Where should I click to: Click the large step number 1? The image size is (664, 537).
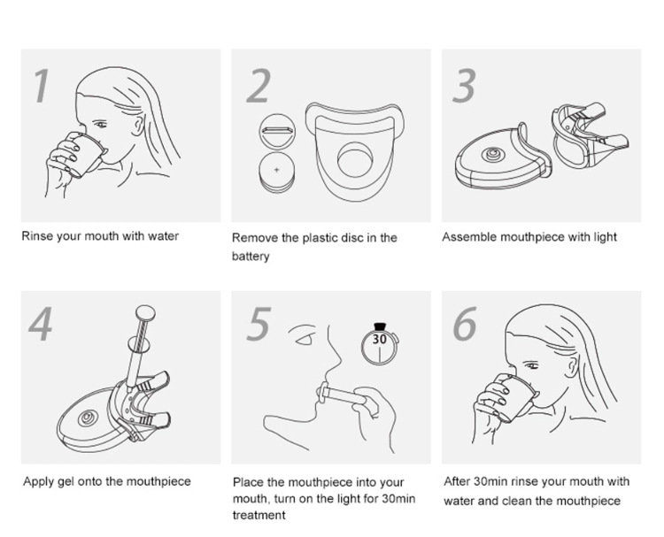pyautogui.click(x=42, y=87)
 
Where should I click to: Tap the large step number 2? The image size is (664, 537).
pyautogui.click(x=259, y=87)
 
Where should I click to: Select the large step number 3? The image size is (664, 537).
pyautogui.click(x=464, y=87)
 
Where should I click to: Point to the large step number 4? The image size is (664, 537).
pyautogui.click(x=41, y=324)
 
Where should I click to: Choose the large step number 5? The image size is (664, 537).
pyautogui.click(x=259, y=324)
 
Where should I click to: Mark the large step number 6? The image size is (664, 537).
pyautogui.click(x=465, y=324)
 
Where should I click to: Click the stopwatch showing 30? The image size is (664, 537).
pyautogui.click(x=380, y=343)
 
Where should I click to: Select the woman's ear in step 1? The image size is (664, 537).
pyautogui.click(x=137, y=126)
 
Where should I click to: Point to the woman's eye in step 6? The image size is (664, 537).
pyautogui.click(x=531, y=365)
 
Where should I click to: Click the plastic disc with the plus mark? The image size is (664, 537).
pyautogui.click(x=277, y=173)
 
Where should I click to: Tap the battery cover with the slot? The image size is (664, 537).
pyautogui.click(x=277, y=131)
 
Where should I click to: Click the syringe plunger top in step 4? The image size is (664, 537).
pyautogui.click(x=145, y=313)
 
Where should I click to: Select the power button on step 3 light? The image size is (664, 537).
pyautogui.click(x=492, y=154)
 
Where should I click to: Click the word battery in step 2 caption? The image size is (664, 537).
pyautogui.click(x=251, y=257)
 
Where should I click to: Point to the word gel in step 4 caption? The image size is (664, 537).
pyautogui.click(x=66, y=482)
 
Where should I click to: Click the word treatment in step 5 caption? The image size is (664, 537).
pyautogui.click(x=259, y=516)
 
